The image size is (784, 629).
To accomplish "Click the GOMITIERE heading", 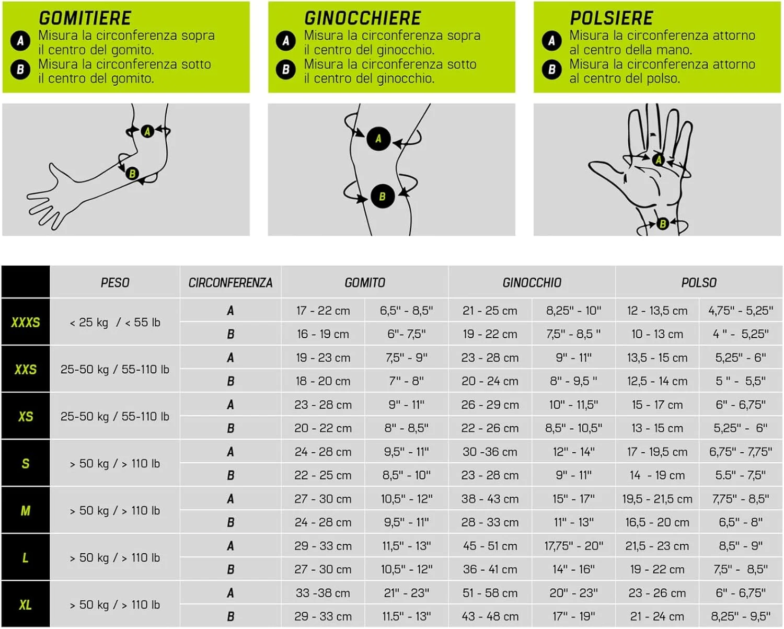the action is pos(85,18).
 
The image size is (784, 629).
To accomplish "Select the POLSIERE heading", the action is pos(612,18).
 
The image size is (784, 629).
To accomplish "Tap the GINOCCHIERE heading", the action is pos(363,18).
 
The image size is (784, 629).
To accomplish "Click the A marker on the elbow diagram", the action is pos(147,131).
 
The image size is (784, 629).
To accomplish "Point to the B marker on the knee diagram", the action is pos(383,197).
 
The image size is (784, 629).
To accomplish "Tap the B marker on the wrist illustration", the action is pos(663,223).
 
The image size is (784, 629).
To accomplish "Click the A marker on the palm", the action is pos(659,159).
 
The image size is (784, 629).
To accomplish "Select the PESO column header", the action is pos(115,283).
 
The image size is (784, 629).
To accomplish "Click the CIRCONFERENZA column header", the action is pos(230,283).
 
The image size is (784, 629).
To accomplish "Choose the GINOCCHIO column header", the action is pos(532,283).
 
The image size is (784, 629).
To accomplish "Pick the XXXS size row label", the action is pos(26,322).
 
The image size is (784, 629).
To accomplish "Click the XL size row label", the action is pos(26,605).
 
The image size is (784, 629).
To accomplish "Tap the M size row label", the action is pos(26,510).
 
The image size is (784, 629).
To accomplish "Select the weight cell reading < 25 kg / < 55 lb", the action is pos(115,322).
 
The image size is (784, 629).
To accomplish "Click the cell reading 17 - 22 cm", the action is pos(323,311).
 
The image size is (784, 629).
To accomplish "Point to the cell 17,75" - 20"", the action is pos(574,546).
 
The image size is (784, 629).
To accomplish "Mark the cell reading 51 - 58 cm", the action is pos(490,593).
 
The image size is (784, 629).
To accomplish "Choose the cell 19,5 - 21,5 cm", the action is pos(657,499).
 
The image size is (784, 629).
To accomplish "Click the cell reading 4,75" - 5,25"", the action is pos(741,311).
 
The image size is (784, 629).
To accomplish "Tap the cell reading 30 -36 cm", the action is pos(490,452).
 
